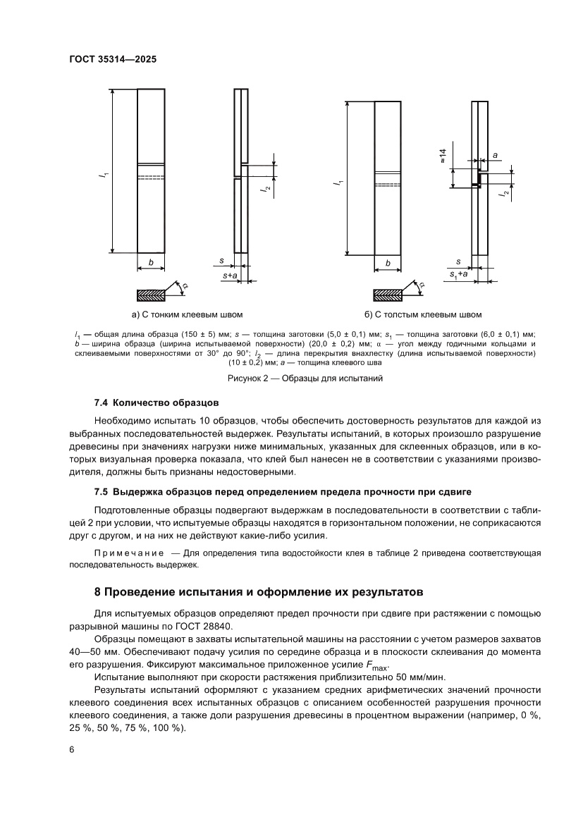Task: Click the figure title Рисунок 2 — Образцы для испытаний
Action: [305, 379]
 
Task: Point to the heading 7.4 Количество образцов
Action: [157, 402]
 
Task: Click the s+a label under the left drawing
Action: [229, 275]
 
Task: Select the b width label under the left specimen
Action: [151, 263]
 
